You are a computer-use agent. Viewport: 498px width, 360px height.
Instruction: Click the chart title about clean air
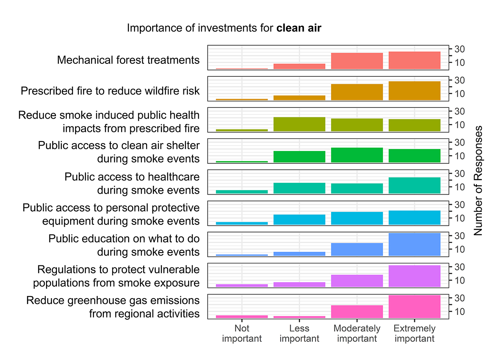click(224, 28)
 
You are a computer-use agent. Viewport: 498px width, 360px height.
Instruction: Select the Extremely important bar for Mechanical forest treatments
click(414, 61)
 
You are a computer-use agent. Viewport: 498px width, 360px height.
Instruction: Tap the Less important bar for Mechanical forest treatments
click(299, 66)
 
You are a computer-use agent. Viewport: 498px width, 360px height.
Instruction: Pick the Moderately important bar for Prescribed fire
click(357, 92)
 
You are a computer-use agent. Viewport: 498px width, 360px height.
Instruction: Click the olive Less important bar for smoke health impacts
click(299, 124)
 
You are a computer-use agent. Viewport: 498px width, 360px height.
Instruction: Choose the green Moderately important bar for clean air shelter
click(357, 155)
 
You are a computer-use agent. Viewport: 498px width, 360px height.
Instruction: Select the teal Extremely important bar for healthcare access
click(414, 185)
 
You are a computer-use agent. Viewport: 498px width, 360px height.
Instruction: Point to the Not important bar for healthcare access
click(242, 192)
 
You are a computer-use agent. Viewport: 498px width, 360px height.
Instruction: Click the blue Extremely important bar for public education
click(414, 245)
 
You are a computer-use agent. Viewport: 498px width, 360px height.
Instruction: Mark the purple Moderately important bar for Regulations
click(357, 281)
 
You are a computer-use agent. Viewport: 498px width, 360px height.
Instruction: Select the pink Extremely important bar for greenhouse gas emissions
click(414, 307)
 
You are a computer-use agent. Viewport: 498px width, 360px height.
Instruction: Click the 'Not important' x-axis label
click(242, 333)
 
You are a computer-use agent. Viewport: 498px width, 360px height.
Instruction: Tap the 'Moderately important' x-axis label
click(357, 333)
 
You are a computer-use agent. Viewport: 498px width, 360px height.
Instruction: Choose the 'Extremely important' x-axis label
click(414, 333)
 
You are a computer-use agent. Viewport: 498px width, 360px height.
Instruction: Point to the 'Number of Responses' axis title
click(478, 181)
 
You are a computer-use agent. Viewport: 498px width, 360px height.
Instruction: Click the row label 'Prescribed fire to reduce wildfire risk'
click(110, 91)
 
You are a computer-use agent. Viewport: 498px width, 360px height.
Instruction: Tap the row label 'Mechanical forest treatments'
click(128, 60)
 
